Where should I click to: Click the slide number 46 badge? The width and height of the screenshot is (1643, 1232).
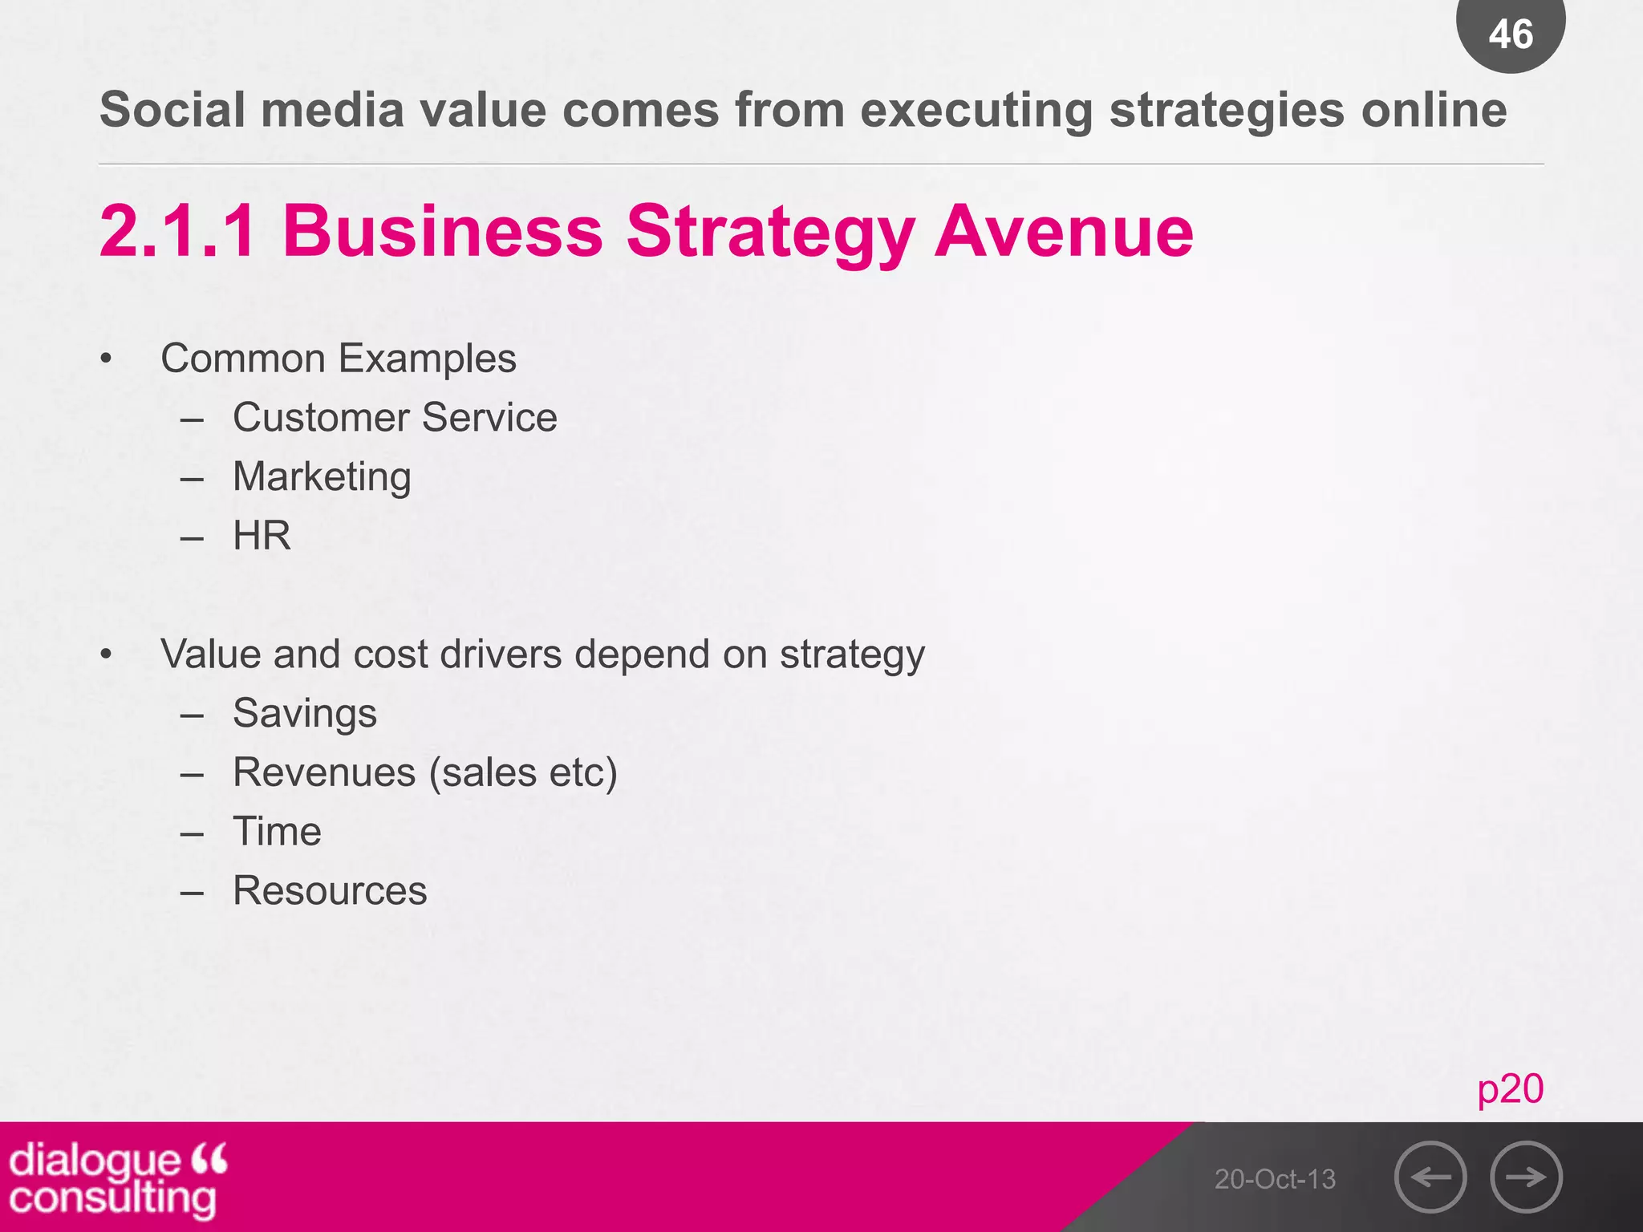tap(1511, 34)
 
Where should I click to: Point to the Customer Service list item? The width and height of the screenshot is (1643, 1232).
tap(395, 417)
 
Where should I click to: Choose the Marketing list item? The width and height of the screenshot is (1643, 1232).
tap(322, 476)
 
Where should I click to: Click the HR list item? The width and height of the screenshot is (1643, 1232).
tap(262, 535)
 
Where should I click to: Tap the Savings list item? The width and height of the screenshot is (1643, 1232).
tap(305, 713)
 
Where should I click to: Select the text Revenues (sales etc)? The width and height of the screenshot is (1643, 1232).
tap(425, 772)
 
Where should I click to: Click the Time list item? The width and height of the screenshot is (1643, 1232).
tap(277, 831)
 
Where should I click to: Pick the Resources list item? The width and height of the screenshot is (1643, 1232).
tap(330, 890)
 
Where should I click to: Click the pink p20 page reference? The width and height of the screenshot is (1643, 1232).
tap(1510, 1088)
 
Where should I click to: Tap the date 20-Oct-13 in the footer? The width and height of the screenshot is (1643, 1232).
tap(1275, 1179)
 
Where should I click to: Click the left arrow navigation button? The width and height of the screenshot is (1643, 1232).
tap(1430, 1177)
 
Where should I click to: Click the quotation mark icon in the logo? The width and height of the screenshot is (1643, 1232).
tap(209, 1158)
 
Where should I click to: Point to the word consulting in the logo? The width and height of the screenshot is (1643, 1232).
tap(113, 1198)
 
